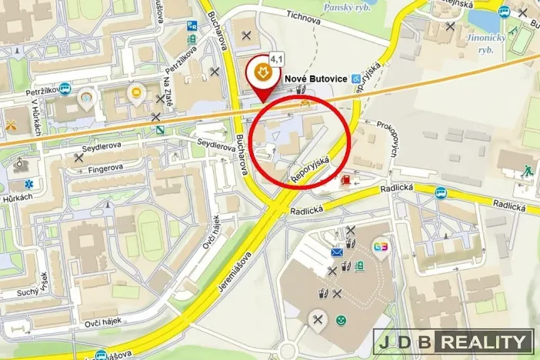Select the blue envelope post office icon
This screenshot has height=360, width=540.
[337, 252]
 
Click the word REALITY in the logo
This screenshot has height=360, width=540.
[485, 342]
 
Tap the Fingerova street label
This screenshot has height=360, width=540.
[105, 168]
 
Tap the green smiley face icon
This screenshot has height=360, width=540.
[341, 319]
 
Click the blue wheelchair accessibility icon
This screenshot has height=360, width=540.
[355, 78]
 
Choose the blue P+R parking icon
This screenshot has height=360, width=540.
[192, 26]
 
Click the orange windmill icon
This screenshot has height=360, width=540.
[11, 124]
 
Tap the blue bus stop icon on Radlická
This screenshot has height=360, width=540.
[439, 192]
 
